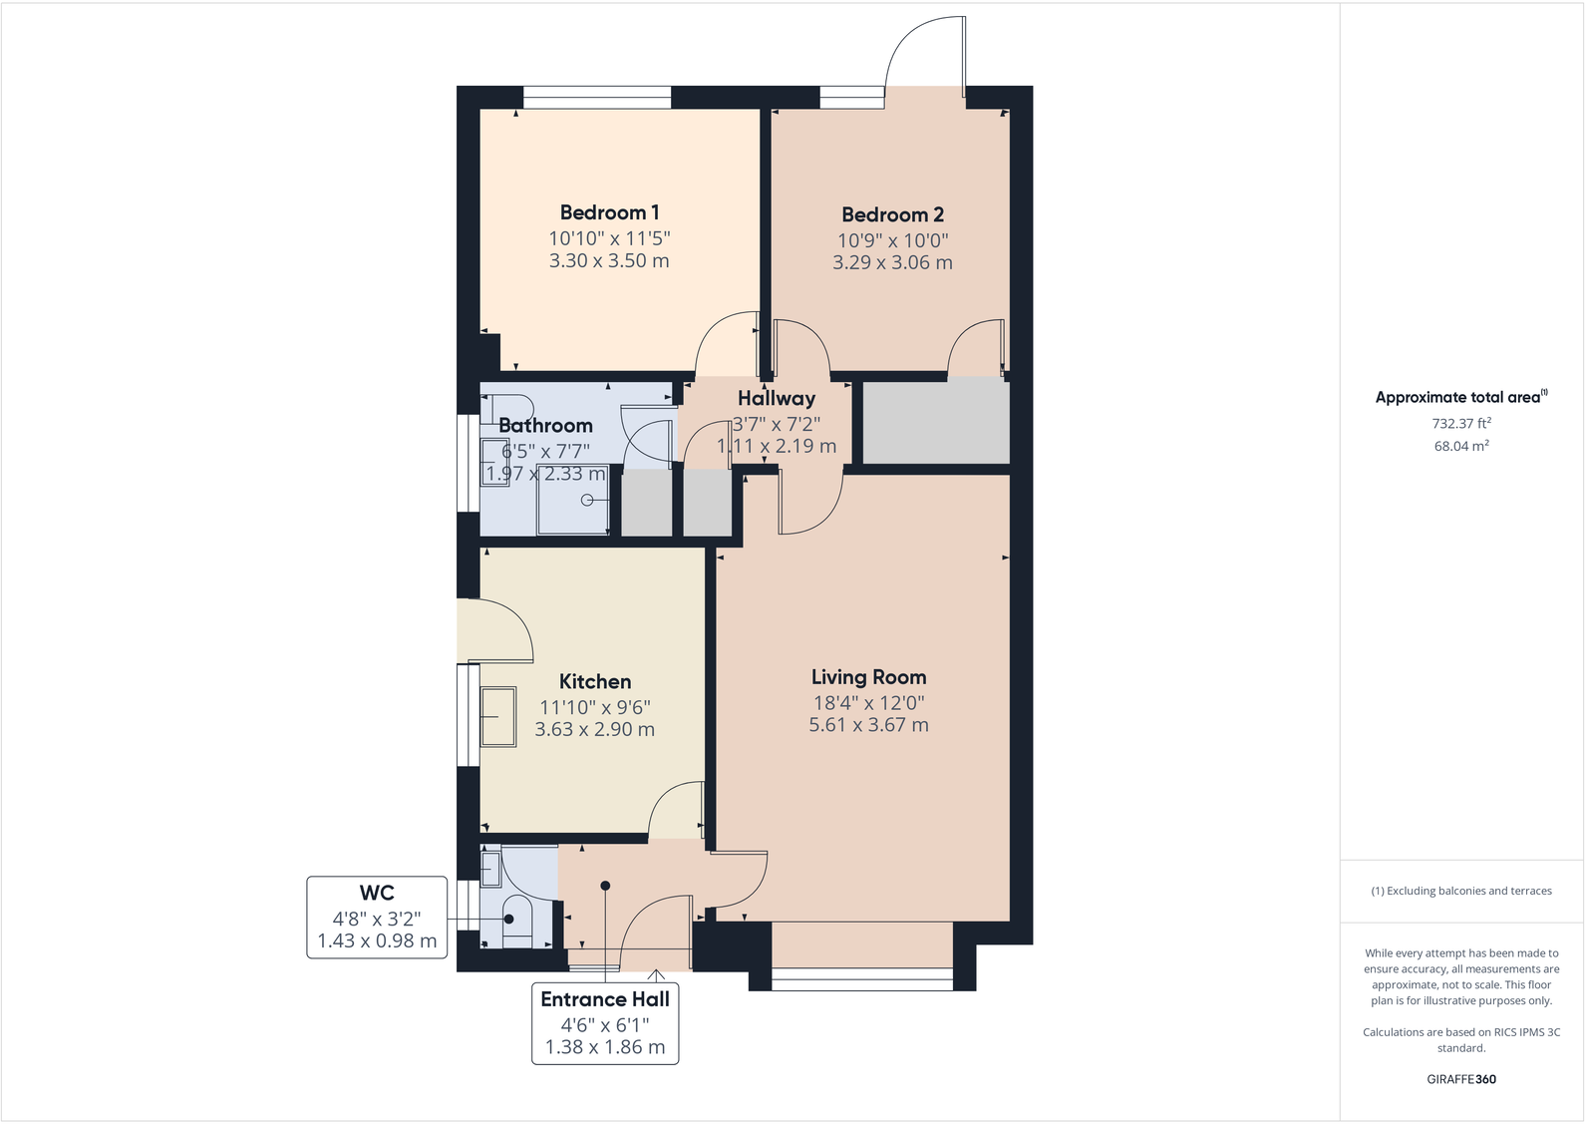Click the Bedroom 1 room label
(x=609, y=212)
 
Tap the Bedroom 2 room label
(x=892, y=214)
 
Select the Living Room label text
(x=868, y=677)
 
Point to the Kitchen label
(x=595, y=682)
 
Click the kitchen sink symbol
(x=498, y=716)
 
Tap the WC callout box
(x=377, y=917)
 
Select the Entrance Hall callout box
(x=605, y=1022)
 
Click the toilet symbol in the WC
(x=515, y=919)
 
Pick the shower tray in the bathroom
(x=573, y=499)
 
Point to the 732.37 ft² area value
(x=1460, y=423)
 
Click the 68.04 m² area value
(x=1460, y=446)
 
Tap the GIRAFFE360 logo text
(x=1460, y=1079)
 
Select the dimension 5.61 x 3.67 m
(x=868, y=725)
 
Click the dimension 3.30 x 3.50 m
(x=609, y=261)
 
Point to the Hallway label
(x=777, y=398)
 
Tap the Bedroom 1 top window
(x=597, y=97)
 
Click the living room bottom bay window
(x=862, y=984)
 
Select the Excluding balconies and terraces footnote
(x=1460, y=891)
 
